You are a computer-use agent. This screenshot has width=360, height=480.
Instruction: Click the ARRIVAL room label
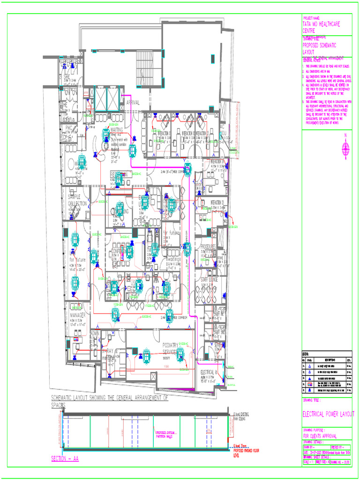click(x=133, y=102)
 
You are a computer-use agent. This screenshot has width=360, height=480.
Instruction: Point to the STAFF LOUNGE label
click(x=212, y=279)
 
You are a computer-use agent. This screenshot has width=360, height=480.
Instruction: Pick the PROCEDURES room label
click(x=208, y=246)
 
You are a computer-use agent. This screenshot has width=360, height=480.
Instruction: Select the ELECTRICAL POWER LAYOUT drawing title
click(x=328, y=414)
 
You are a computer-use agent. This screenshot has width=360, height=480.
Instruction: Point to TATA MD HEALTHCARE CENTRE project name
click(x=322, y=26)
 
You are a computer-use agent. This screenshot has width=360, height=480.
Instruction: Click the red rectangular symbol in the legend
click(x=310, y=384)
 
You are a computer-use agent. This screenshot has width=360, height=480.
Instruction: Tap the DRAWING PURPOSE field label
click(x=318, y=429)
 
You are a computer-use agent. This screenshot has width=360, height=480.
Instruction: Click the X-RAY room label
click(x=111, y=351)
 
